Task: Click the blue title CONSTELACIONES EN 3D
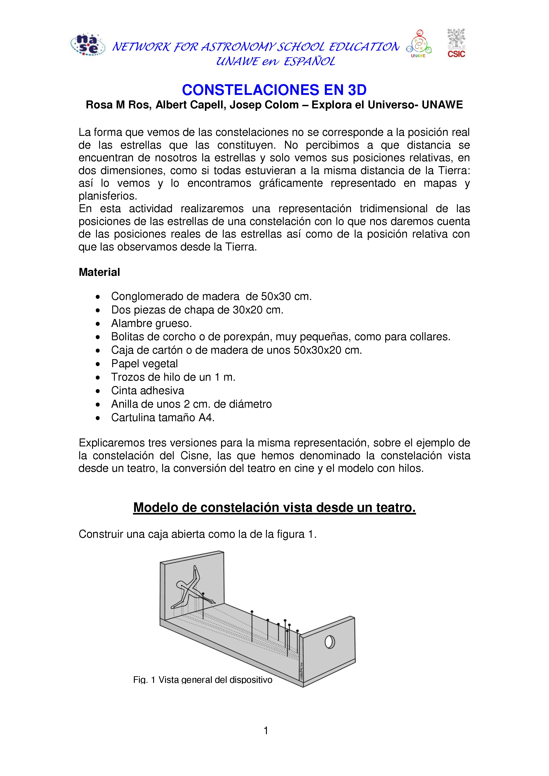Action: coord(274,90)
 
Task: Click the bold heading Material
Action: coord(99,272)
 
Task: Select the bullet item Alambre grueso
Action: coord(151,323)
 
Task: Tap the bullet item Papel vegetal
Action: coord(144,364)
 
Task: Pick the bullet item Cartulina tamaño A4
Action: coord(163,418)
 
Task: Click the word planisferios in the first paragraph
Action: coord(108,196)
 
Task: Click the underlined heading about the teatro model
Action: coord(274,508)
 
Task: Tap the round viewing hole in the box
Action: coord(330,642)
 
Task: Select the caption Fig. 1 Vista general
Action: coord(202,680)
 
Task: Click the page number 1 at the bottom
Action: coord(266,731)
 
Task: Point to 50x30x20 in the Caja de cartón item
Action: coord(318,350)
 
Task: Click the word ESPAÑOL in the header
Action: coord(309,61)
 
